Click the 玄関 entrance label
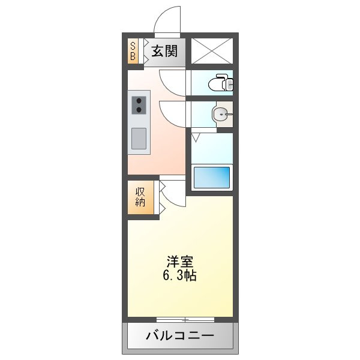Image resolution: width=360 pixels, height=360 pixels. [163, 52]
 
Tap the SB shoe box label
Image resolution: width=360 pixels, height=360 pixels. [133, 51]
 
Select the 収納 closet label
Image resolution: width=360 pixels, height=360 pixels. [140, 197]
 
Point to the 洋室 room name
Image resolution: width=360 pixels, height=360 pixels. [180, 262]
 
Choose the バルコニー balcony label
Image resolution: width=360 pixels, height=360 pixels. [179, 336]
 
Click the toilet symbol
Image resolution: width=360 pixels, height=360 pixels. [222, 83]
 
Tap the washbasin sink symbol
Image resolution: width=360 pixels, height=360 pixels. [222, 113]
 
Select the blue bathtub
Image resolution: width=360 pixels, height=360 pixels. [211, 178]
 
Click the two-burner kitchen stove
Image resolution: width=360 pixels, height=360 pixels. [139, 106]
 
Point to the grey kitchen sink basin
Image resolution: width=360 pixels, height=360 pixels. [139, 139]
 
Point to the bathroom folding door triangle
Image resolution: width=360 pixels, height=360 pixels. [196, 137]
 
